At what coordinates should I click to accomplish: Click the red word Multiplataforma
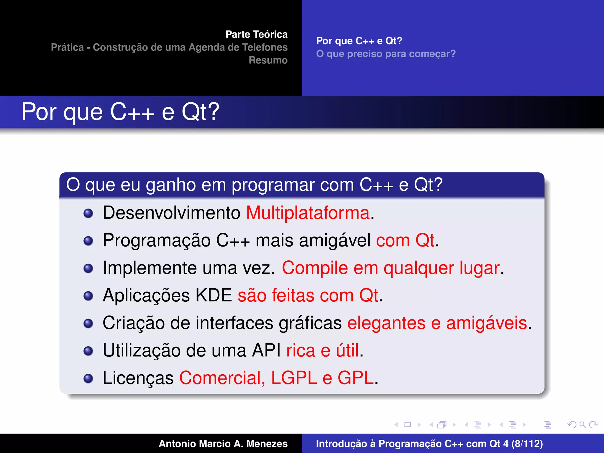[308, 213]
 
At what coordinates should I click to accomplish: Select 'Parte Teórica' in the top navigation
[256, 35]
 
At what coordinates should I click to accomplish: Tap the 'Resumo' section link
[268, 60]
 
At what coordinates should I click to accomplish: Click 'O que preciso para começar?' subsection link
[386, 54]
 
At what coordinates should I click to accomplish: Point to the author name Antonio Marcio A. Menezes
[223, 444]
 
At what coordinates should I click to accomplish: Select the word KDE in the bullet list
[214, 295]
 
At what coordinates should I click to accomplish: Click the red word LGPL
[294, 378]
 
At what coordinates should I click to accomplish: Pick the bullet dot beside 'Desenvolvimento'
[88, 213]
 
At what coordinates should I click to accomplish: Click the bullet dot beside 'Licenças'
[88, 378]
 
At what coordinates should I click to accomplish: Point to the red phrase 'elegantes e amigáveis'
[437, 323]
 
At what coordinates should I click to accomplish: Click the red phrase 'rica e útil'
[323, 350]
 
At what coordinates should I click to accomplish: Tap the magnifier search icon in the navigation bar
[582, 425]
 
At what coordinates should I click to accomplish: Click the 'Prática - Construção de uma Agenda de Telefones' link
[169, 47]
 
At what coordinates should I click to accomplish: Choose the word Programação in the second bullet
[156, 240]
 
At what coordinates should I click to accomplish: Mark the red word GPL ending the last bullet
[356, 378]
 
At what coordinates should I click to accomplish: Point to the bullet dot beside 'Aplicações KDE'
[88, 296]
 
